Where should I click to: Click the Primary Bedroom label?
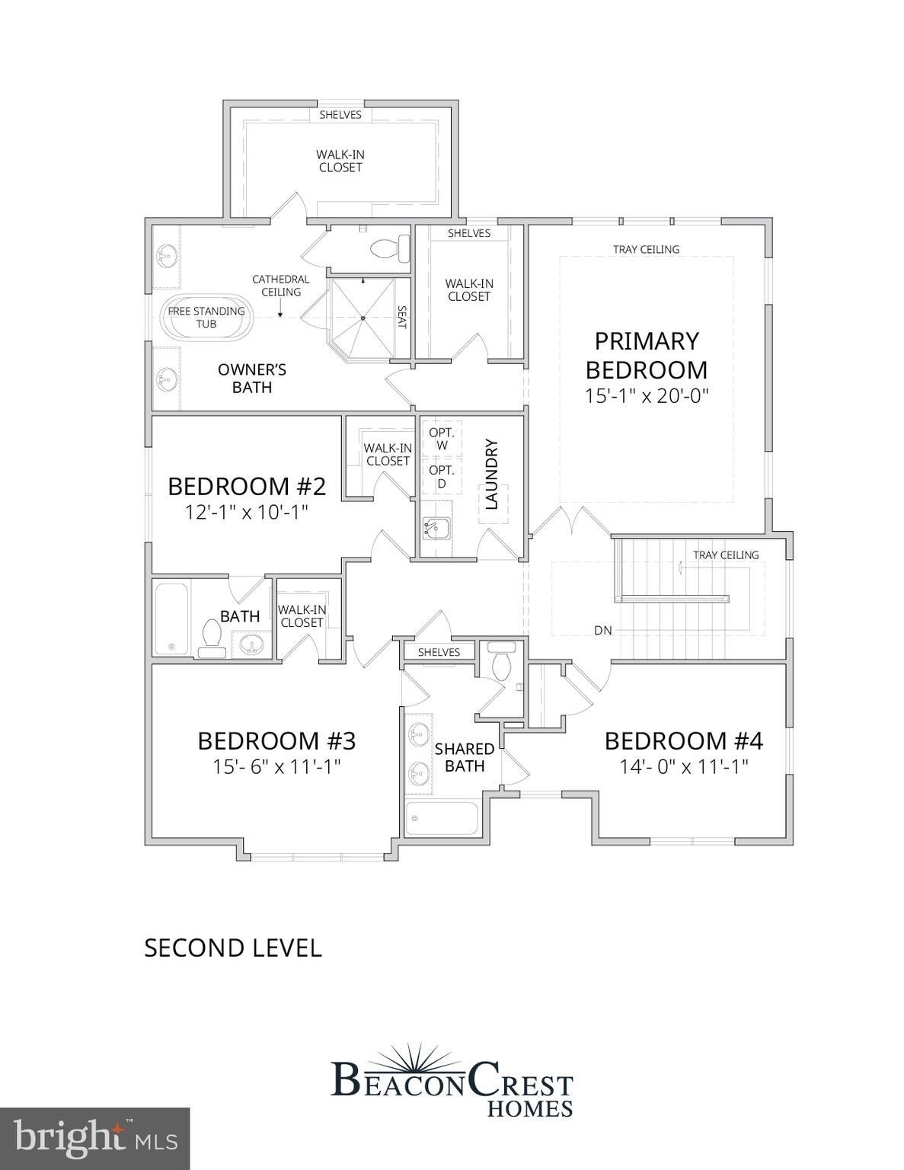(x=646, y=355)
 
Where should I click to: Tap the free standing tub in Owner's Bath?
(x=206, y=318)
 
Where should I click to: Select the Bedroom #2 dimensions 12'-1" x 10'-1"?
(x=246, y=511)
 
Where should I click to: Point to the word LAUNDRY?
(x=491, y=474)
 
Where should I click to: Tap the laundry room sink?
(x=435, y=526)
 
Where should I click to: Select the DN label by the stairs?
(x=603, y=631)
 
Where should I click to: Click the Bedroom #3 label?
(x=276, y=740)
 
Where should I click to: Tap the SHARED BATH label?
(x=465, y=757)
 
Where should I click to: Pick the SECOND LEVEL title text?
(x=233, y=948)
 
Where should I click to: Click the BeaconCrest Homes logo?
(x=452, y=1082)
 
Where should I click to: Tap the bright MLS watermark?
(x=95, y=1138)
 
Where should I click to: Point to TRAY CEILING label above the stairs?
(x=725, y=555)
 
